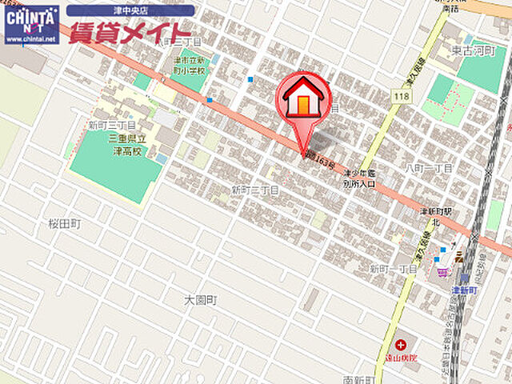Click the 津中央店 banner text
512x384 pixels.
pos(130,10)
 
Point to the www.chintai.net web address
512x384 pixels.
pos(31,38)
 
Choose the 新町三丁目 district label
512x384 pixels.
pos(112,126)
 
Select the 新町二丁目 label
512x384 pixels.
pos(254,190)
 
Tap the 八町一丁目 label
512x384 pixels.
pos(430,168)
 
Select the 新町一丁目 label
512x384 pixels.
pos(393,270)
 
